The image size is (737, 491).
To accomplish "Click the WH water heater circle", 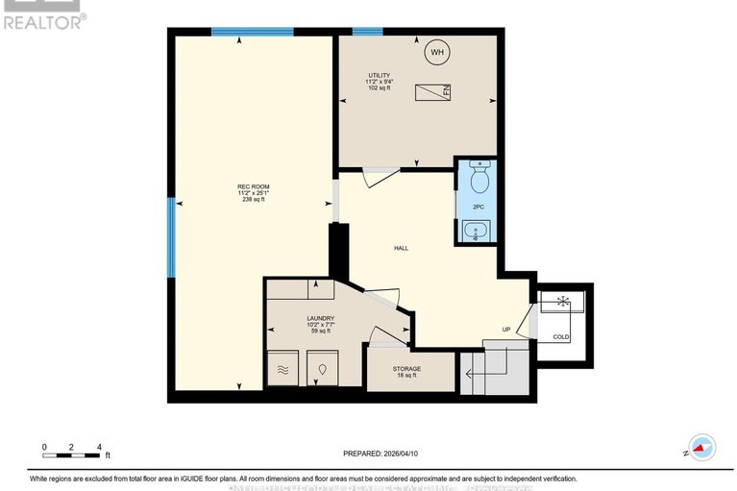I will [x=437, y=52].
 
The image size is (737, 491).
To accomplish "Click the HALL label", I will [x=401, y=248].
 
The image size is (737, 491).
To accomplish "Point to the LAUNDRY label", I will [x=320, y=324].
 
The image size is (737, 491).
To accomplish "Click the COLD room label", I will [x=560, y=336].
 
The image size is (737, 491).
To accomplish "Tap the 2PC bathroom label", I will [x=478, y=207].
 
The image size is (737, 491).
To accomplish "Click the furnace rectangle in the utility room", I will [x=433, y=92].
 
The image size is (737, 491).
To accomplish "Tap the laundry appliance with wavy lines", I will [x=283, y=367].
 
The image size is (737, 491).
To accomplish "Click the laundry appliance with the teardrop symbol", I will [x=323, y=367].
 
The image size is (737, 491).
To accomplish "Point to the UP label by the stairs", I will [x=506, y=330].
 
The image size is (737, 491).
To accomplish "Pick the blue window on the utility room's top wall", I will [x=367, y=32].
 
